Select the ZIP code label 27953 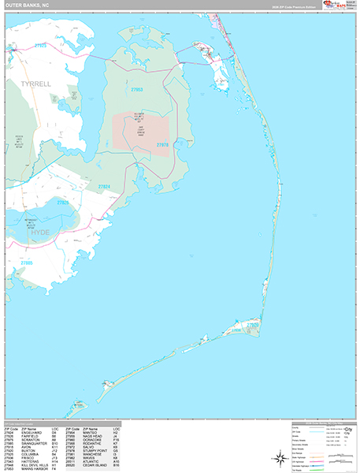tap(136, 90)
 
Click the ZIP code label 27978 tap(162, 145)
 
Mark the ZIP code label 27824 tap(104, 187)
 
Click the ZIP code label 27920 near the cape tap(251, 324)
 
